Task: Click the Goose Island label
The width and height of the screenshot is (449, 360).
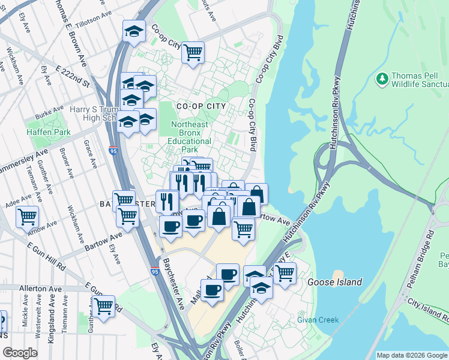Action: (334, 282)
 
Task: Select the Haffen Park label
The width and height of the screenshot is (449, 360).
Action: (48, 132)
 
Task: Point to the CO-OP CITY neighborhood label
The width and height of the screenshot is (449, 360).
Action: (200, 106)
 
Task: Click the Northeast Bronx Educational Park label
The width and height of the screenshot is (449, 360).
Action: (190, 137)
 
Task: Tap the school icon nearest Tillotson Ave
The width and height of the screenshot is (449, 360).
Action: (134, 32)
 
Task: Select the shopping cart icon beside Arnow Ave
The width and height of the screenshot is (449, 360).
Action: (28, 217)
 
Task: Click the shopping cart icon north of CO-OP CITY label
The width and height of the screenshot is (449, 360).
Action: (193, 53)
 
